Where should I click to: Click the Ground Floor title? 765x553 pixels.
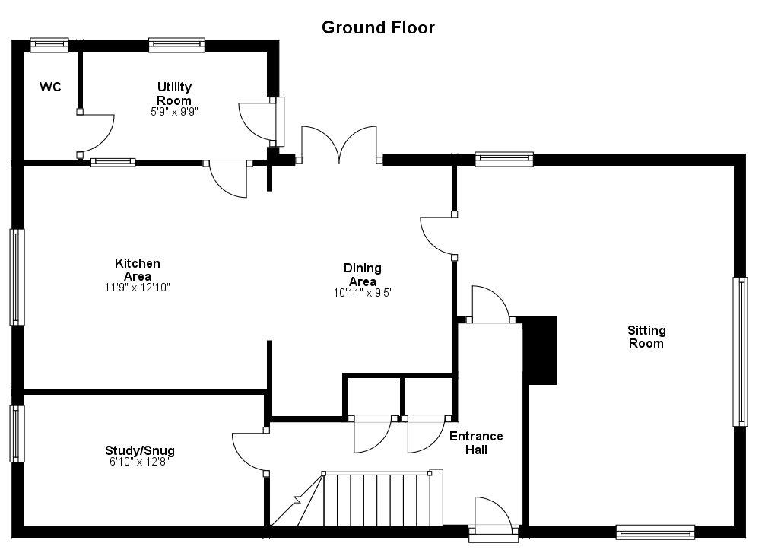pos(378,28)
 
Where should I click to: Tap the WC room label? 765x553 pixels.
pos(50,87)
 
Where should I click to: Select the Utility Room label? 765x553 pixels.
pos(174,94)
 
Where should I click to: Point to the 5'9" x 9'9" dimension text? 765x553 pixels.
pos(174,111)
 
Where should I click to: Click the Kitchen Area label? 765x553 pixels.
pos(138,269)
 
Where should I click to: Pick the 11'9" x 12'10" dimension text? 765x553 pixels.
pos(138,288)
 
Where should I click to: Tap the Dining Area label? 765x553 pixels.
pos(363,274)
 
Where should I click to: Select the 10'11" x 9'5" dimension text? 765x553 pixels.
pos(363,292)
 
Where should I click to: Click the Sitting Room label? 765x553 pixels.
pos(646,336)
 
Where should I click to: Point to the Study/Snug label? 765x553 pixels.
pos(140,450)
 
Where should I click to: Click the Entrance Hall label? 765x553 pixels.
pos(476,443)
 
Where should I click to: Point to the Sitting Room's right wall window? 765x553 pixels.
pos(739,351)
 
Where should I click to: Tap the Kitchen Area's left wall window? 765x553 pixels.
pos(17,277)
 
